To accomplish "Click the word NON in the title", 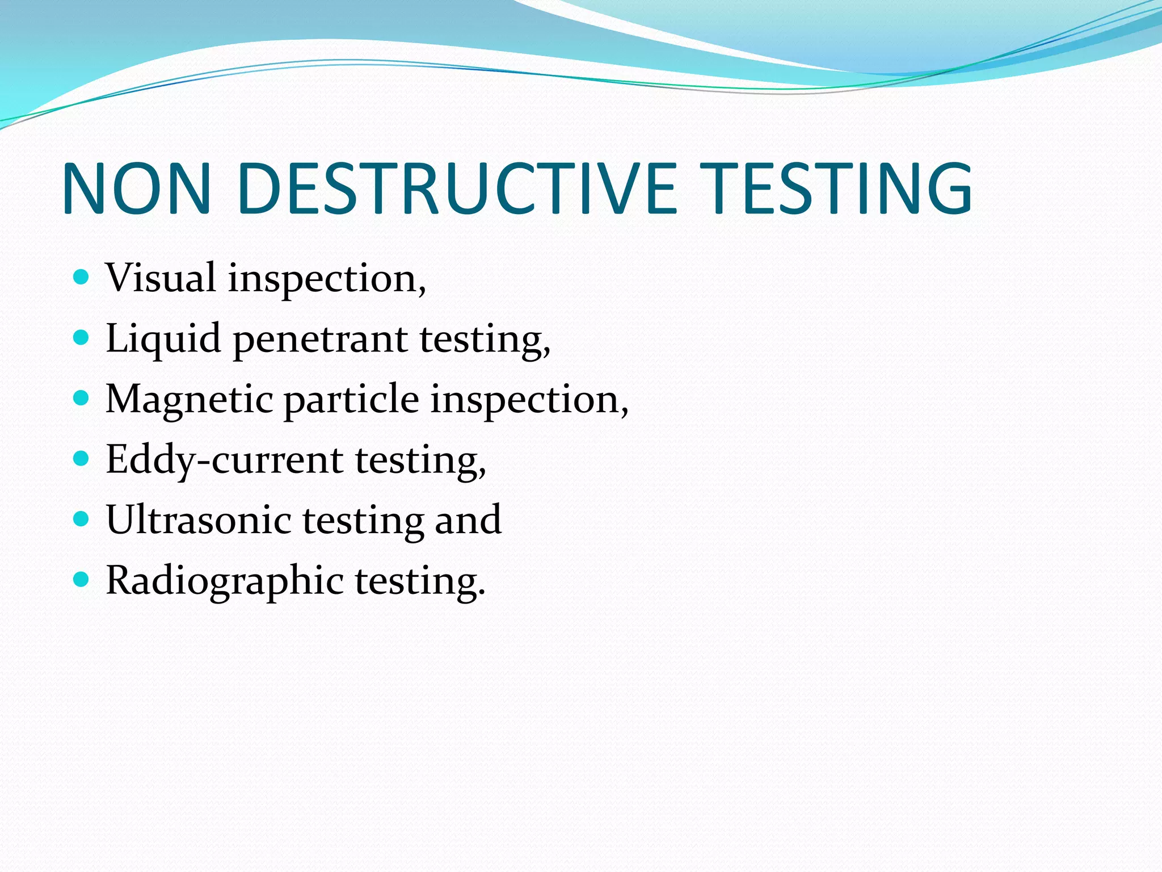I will point(137,188).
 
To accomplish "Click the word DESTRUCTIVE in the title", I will point(457,188).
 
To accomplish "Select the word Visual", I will point(161,278).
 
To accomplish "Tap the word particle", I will point(351,400).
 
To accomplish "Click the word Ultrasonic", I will point(199,520).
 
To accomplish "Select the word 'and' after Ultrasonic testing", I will point(468,520).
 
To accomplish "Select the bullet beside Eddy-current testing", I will point(82,459).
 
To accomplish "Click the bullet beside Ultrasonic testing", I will point(82,519).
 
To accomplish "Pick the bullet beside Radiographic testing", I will point(82,580).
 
